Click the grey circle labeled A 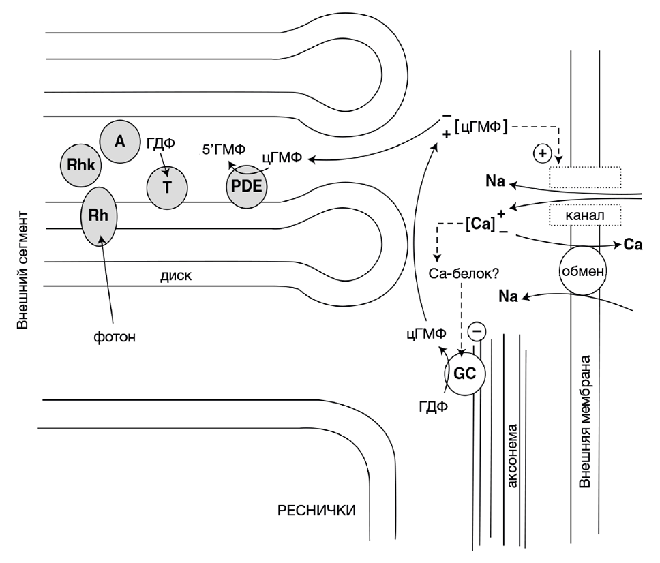point(120,141)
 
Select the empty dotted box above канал point(584,177)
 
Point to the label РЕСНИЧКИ point(316,510)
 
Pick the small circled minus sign point(478,333)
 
